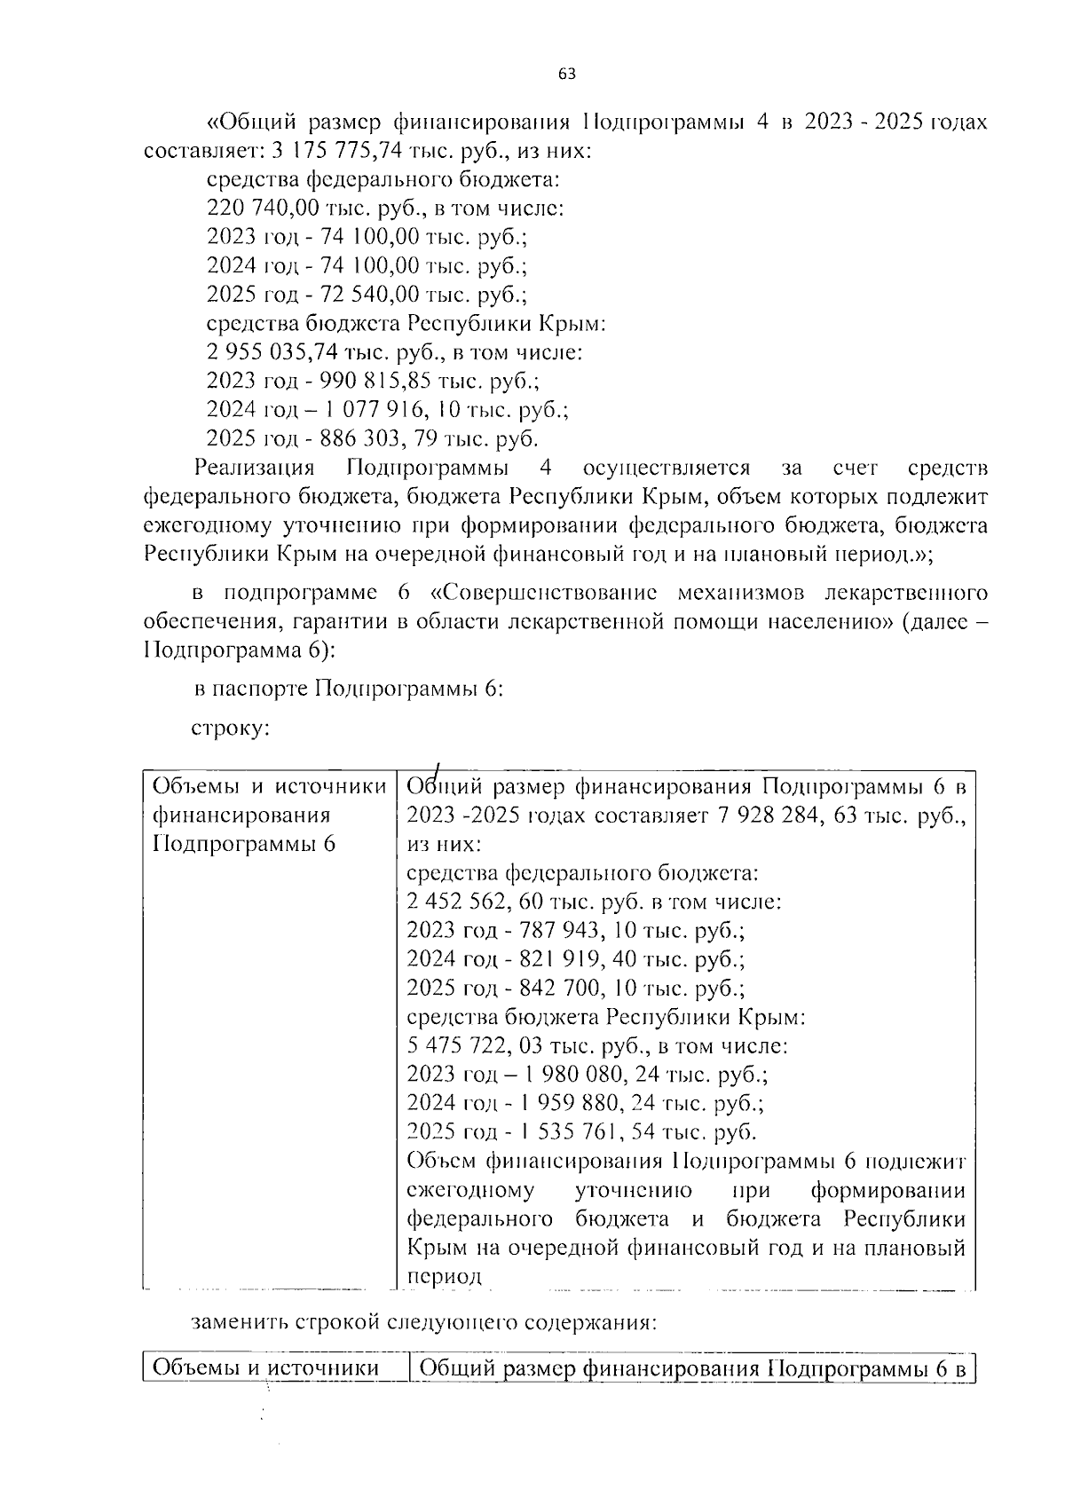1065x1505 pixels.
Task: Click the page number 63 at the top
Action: click(x=567, y=75)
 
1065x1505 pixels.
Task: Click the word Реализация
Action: click(x=255, y=468)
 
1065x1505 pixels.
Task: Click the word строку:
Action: click(x=230, y=729)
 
